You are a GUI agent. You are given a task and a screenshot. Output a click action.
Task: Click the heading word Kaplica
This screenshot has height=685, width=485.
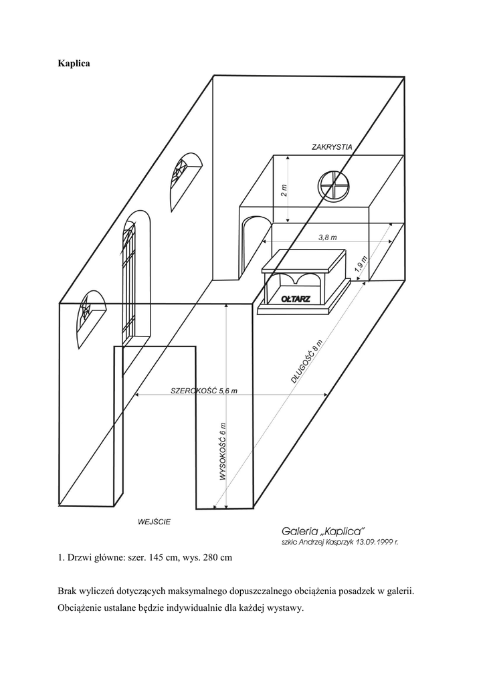click(x=74, y=64)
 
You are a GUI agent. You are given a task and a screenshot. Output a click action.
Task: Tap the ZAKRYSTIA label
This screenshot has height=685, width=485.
click(x=332, y=146)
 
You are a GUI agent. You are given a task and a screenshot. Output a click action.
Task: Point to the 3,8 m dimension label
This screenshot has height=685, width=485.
click(x=327, y=237)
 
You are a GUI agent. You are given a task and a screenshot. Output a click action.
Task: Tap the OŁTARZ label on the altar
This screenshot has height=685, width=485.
click(x=294, y=299)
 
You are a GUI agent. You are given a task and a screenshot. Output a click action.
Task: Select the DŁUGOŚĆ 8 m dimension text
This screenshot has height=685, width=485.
click(x=308, y=362)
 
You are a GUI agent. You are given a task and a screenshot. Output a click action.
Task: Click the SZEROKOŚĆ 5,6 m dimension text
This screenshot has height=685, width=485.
click(x=204, y=391)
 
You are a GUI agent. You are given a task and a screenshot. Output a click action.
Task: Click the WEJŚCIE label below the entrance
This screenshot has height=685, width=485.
click(x=153, y=521)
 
